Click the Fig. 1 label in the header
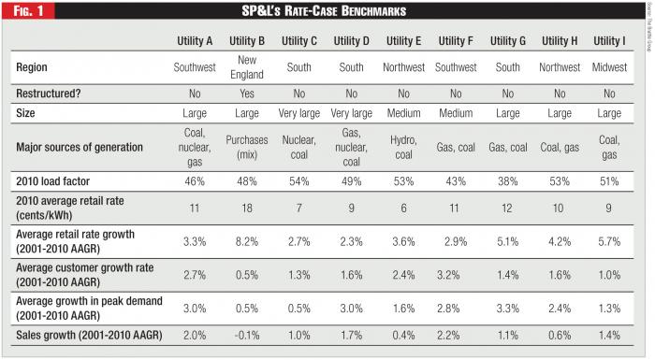28,10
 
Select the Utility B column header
248,42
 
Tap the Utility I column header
610,42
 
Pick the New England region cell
248,68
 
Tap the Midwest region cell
610,68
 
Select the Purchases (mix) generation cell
248,147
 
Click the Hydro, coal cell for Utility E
404,147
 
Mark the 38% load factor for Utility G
509,180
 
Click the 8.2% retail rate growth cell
248,242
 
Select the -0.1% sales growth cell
248,334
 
